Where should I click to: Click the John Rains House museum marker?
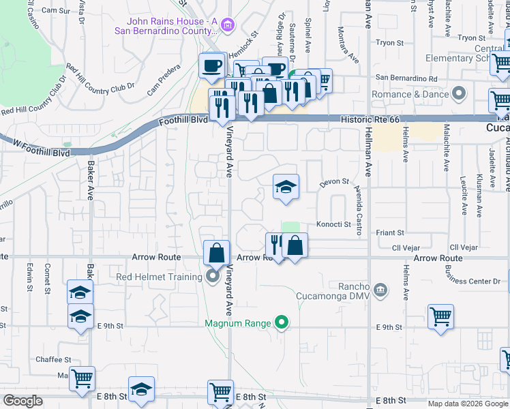click(228, 27)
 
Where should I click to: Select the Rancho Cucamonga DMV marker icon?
click(380, 290)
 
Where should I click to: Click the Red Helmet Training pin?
click(213, 276)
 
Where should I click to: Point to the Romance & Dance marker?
click(460, 93)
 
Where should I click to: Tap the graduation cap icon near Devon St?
click(286, 187)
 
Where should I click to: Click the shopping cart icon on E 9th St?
click(441, 316)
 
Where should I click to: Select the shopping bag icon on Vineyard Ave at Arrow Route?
click(216, 253)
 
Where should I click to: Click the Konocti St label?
click(333, 224)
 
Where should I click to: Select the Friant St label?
click(391, 232)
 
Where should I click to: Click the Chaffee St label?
click(54, 359)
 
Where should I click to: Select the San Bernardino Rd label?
click(401, 78)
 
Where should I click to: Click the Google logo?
click(23, 401)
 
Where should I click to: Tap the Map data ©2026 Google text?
click(467, 404)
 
